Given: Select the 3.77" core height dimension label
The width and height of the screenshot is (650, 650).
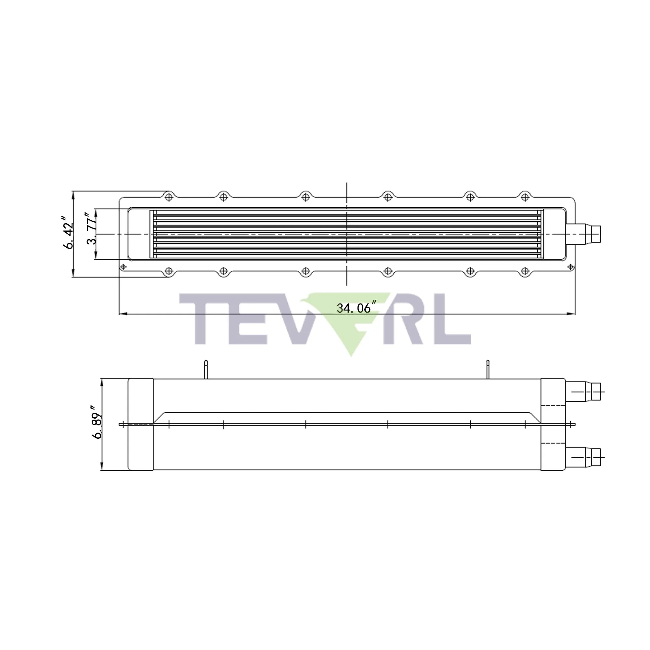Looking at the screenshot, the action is pyautogui.click(x=91, y=228).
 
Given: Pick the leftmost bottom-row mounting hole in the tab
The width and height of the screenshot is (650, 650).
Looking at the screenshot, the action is pyautogui.click(x=169, y=271).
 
